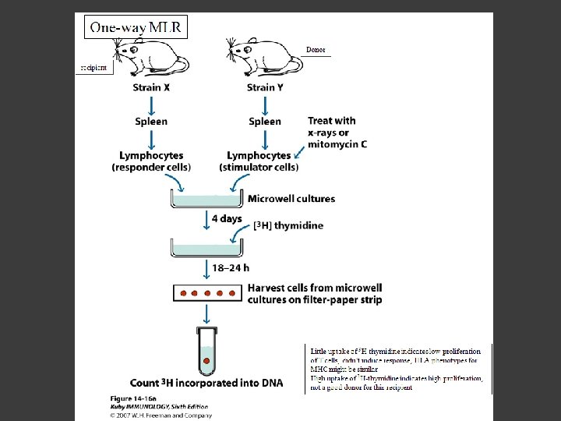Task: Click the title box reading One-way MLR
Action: (136, 27)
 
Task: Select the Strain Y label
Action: (265, 87)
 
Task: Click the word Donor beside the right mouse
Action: (316, 50)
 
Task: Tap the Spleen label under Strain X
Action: (151, 121)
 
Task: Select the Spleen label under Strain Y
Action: (265, 121)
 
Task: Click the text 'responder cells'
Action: (152, 167)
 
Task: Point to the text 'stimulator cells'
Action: (259, 167)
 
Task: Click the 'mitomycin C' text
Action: (337, 144)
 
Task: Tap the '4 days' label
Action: (227, 219)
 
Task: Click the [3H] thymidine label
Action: (288, 226)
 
